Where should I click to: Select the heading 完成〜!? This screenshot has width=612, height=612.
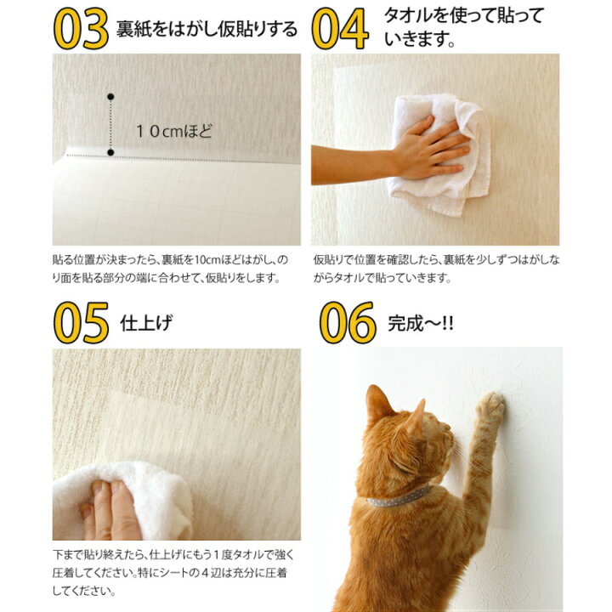[421, 324]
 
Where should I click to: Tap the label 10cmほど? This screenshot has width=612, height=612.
[174, 131]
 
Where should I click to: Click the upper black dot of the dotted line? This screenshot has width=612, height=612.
[110, 97]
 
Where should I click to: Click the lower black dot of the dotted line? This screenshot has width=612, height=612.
[110, 152]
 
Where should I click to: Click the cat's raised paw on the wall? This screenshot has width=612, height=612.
[491, 406]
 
